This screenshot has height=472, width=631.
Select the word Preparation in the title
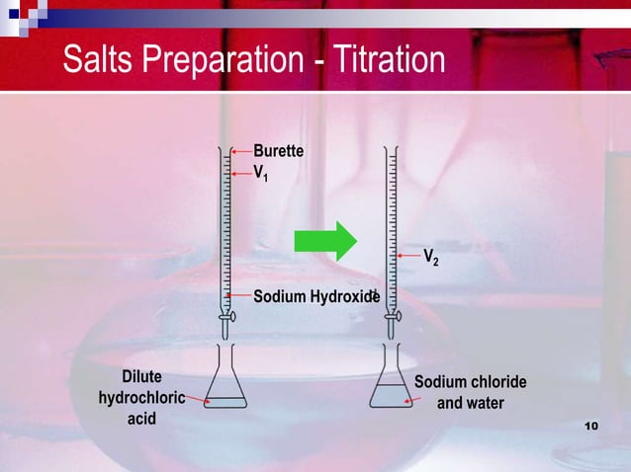click(x=233, y=60)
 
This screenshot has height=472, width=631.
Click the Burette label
click(x=278, y=151)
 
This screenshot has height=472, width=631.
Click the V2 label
click(x=431, y=258)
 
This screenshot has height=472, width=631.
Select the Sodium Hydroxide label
click(x=315, y=296)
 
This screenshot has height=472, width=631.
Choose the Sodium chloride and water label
click(x=470, y=393)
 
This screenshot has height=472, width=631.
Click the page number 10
click(x=592, y=426)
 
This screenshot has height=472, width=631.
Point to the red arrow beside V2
click(x=409, y=256)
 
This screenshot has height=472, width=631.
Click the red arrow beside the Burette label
click(x=240, y=151)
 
